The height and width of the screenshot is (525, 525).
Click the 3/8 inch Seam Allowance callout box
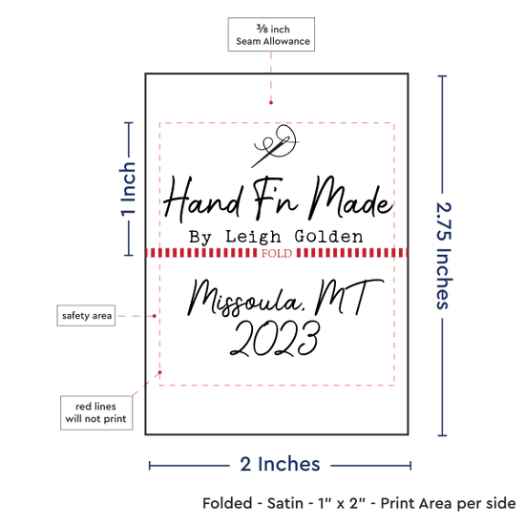coord(271,34)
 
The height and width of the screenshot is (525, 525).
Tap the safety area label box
coord(86,315)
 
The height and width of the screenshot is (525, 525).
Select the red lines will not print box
coord(96,412)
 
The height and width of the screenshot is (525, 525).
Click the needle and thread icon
coord(275,145)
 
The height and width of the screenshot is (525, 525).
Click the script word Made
coord(350,199)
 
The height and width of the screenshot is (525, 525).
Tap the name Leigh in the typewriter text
coord(253,237)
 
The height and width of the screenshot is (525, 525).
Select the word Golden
coord(328,237)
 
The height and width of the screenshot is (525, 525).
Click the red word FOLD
coord(277,254)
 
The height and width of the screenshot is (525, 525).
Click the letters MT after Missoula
coord(348,296)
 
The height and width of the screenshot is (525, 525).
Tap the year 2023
coord(275,339)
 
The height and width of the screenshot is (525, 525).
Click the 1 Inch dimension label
coord(128,189)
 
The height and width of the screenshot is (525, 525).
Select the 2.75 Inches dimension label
coord(444,256)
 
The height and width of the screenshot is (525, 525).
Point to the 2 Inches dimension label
coord(280,464)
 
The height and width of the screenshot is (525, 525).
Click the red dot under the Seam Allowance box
coord(271,103)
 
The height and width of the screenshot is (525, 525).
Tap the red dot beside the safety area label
coord(155,316)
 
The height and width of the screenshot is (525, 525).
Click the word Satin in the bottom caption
coord(285,503)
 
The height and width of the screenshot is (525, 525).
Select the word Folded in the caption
coord(227,503)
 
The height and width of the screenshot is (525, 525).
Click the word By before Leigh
coord(200,238)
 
